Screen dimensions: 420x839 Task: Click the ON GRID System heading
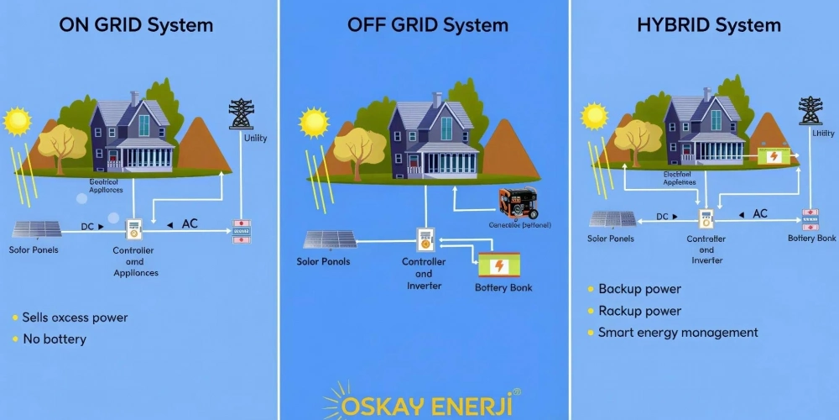click(x=136, y=24)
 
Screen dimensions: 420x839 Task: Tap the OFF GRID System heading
click(x=427, y=24)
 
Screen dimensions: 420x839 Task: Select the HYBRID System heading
click(x=710, y=24)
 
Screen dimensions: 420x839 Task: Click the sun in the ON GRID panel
click(x=17, y=121)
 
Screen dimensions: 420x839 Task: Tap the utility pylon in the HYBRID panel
click(x=810, y=110)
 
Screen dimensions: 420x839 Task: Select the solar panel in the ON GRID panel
click(x=35, y=228)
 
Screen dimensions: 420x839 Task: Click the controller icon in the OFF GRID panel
click(x=425, y=240)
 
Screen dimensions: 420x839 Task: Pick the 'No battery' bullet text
click(x=55, y=339)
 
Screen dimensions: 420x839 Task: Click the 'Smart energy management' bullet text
click(x=678, y=333)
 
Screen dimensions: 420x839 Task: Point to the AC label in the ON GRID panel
click(x=190, y=224)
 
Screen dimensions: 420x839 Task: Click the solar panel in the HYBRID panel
click(x=612, y=219)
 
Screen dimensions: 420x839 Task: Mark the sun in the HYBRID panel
click(x=594, y=115)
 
